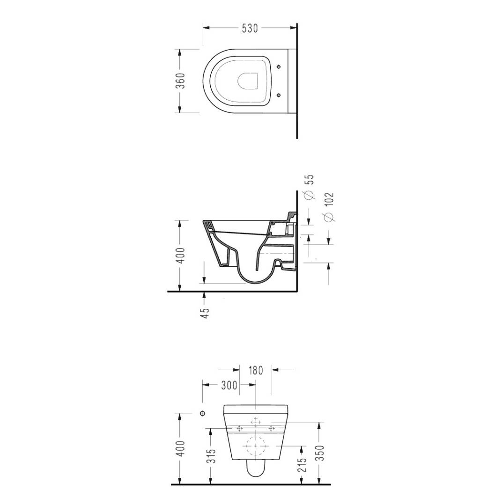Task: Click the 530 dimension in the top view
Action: click(250, 28)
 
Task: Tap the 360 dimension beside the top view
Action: click(181, 81)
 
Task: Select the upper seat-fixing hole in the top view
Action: click(279, 67)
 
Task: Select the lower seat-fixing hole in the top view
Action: click(279, 95)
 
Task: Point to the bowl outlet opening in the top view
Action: click(248, 81)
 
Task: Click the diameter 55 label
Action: click(309, 186)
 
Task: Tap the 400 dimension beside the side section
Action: click(181, 256)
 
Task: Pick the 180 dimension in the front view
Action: click(256, 370)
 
